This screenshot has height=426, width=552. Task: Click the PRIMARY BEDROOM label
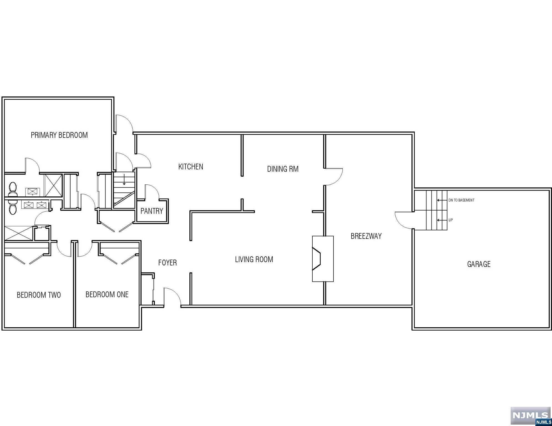[x=59, y=135]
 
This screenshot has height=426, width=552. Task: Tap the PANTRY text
[x=152, y=211]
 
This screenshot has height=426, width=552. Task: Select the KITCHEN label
[x=190, y=167]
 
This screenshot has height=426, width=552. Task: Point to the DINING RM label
[x=283, y=169]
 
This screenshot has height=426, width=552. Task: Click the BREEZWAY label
[x=366, y=236]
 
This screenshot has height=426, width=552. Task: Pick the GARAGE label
[x=479, y=264]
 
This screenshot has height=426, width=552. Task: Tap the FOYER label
[x=167, y=263]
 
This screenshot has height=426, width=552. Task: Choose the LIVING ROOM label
[x=254, y=259]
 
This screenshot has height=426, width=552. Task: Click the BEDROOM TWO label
[x=39, y=295]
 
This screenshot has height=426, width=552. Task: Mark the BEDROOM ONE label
[x=107, y=294]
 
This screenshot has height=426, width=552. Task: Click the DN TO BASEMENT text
[x=461, y=200]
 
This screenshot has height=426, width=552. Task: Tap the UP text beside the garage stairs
[x=451, y=220]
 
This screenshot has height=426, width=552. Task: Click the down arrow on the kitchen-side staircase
[x=124, y=181]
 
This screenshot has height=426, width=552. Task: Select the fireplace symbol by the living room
[x=323, y=258]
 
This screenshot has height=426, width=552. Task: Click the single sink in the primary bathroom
[x=32, y=191]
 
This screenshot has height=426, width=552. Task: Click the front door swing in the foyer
[x=172, y=297]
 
